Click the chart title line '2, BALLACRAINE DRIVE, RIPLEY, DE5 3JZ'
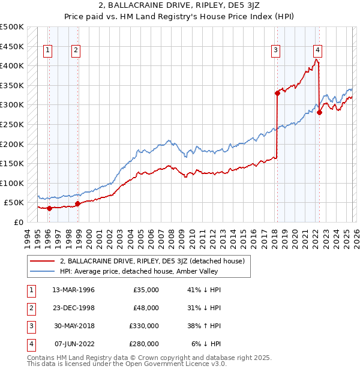coord(180,5)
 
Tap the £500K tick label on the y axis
coord(12,27)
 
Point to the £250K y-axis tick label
coord(12,125)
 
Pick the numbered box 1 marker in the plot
coord(48,51)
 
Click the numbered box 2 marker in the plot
coord(76,51)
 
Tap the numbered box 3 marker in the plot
coord(275,51)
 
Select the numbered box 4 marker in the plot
coord(317,51)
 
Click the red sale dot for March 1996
coord(49,208)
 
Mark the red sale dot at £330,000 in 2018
coord(277,93)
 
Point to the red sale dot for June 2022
coord(320,112)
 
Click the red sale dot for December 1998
coord(77,203)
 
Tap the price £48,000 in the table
coord(146,308)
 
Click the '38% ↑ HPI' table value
coord(203,326)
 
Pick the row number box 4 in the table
coord(31,344)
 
